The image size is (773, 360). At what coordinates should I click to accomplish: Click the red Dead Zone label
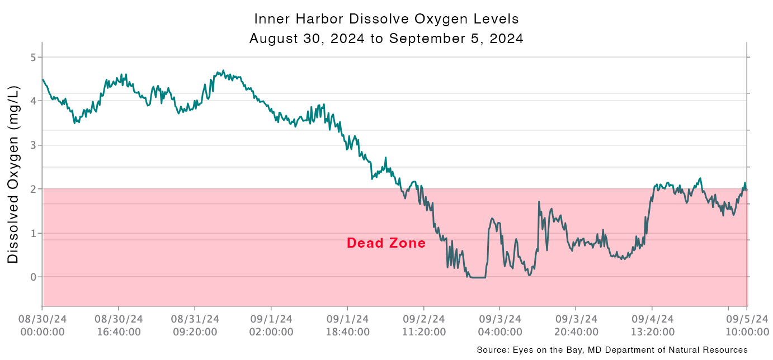click(x=386, y=243)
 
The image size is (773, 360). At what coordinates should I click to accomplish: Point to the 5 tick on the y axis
click(x=33, y=58)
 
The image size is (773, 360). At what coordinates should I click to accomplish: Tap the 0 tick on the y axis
click(x=33, y=277)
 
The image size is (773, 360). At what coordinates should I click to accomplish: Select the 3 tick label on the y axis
click(x=33, y=145)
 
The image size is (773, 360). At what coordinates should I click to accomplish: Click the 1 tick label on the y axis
click(x=33, y=233)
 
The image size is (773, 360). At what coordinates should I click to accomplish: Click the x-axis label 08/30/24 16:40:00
click(x=118, y=325)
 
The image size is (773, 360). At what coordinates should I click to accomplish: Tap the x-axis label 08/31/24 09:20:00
click(x=195, y=325)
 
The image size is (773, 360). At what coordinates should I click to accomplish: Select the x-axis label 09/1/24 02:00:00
click(x=271, y=325)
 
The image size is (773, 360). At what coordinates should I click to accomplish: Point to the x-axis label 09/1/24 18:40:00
click(x=347, y=325)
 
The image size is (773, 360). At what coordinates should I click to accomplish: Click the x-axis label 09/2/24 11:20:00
click(x=423, y=325)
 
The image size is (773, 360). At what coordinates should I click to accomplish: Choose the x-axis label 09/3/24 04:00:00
click(x=499, y=325)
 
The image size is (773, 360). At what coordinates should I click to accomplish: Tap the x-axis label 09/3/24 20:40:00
click(x=576, y=325)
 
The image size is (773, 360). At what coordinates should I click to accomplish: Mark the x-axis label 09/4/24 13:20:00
click(x=652, y=325)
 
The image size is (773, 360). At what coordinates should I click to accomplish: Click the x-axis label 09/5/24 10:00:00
click(x=746, y=325)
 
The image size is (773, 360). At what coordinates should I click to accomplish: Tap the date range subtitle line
click(x=386, y=39)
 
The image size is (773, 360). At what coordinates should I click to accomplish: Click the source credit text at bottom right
click(x=612, y=350)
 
